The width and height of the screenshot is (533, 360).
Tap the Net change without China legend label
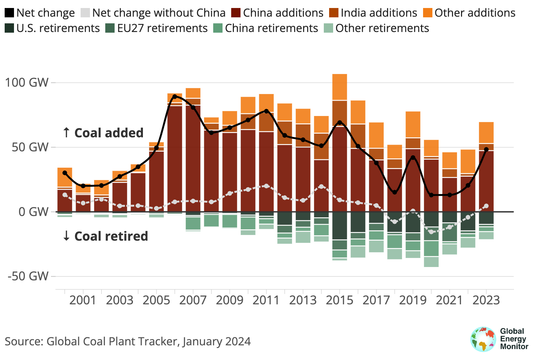point(159,13)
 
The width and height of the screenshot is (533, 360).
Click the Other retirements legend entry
point(382,28)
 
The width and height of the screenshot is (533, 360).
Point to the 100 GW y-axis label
point(27,82)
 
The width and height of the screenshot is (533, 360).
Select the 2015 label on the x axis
point(339,300)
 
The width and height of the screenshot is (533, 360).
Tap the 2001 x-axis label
point(83,300)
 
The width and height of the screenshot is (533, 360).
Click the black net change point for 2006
point(175,96)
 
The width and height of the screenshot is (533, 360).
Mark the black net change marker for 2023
point(486,150)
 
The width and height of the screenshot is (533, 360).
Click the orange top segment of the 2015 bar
point(339,87)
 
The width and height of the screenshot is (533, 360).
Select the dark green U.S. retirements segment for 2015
point(339,225)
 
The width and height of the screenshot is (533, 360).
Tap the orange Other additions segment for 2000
point(65,177)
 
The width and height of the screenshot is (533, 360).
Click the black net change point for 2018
point(395,192)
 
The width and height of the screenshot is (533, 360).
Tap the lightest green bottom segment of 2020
point(431,262)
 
